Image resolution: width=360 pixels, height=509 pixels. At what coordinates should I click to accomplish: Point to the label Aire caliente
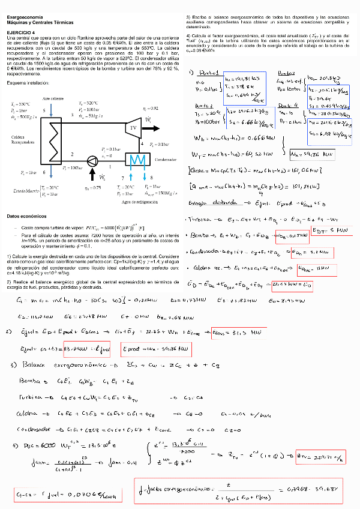point(53,97)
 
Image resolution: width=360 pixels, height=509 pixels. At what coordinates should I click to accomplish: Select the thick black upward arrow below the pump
point(92,175)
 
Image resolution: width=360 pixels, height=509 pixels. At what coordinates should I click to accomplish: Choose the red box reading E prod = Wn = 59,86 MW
point(156,348)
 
